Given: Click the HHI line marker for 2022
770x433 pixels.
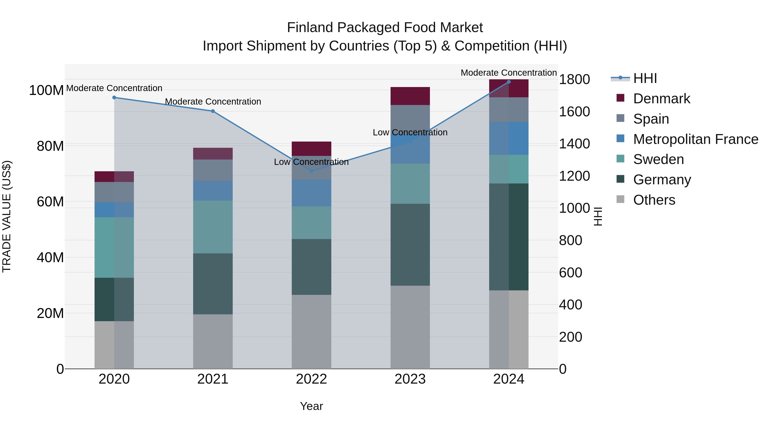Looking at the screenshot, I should tap(311, 171).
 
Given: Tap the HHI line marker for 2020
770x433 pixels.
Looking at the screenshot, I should tap(114, 98).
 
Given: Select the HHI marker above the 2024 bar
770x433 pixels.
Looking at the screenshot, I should tap(509, 82).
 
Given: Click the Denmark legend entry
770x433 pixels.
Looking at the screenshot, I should tap(661, 99).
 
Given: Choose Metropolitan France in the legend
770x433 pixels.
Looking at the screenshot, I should tap(695, 139).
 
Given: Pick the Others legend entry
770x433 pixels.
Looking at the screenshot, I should tap(654, 200).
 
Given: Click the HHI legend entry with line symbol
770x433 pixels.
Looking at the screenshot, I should tap(644, 78).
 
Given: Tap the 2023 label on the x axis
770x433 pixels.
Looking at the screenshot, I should tap(410, 379).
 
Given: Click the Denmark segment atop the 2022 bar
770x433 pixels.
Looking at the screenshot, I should tap(311, 149).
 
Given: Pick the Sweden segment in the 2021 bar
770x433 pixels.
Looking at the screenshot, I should tap(213, 227).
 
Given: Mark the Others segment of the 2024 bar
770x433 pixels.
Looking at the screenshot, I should tap(509, 329).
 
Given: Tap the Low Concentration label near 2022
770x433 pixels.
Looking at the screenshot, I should tap(311, 162).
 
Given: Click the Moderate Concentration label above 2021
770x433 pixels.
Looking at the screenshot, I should tap(213, 102).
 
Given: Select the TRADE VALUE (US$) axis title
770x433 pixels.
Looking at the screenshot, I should tap(7, 216).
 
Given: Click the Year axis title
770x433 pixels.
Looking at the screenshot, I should tap(311, 406).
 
